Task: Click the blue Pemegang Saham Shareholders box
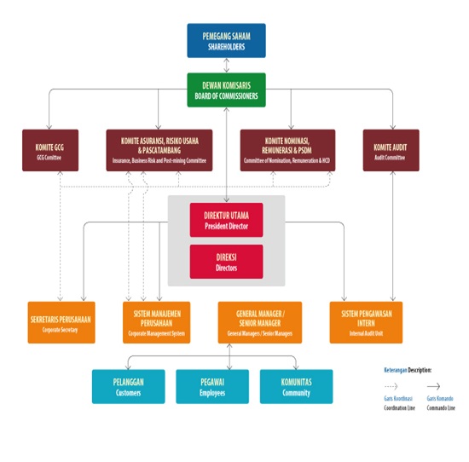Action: click(226, 40)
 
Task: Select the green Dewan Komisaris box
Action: click(226, 90)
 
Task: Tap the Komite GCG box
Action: click(49, 150)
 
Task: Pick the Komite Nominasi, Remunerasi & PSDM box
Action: click(287, 150)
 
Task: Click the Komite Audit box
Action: click(391, 150)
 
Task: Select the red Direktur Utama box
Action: click(226, 220)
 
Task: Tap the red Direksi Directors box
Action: click(226, 262)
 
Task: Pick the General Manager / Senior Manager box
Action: click(259, 322)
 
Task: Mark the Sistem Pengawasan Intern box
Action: click(366, 322)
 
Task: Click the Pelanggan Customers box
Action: click(128, 386)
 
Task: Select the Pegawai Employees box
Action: click(212, 386)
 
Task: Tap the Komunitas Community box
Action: click(296, 386)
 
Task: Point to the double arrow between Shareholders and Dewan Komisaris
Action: click(226, 66)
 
